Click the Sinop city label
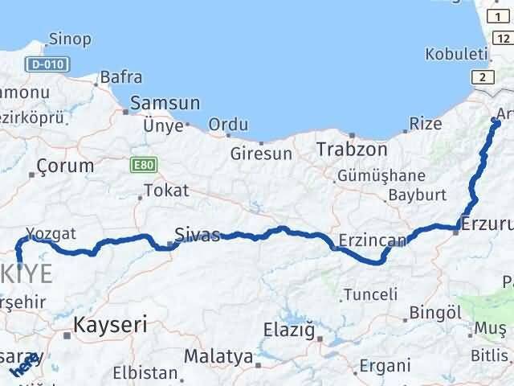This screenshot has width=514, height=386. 70,39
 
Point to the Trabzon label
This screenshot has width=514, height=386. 352,150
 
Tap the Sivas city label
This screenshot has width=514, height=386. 198,236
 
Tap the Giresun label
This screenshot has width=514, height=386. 259,151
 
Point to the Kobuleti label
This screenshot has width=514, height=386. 457,55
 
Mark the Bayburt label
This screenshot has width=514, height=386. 416,194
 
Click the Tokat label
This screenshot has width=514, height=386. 166,191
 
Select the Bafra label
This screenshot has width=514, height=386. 120,78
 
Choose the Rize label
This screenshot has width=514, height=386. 426,124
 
